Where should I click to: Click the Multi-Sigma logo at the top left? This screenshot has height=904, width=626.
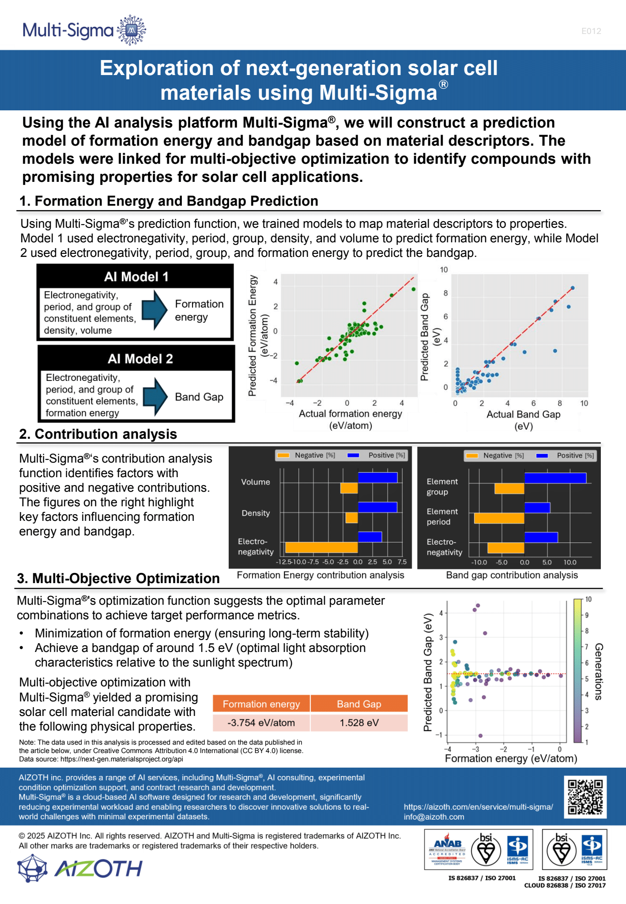(x=84, y=30)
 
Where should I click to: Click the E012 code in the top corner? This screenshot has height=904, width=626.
(x=591, y=31)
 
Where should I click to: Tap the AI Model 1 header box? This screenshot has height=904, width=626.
(x=136, y=277)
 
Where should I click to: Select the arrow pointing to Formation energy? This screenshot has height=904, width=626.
(x=155, y=310)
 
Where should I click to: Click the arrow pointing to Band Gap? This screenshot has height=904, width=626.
(x=155, y=396)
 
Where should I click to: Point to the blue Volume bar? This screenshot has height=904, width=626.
(x=377, y=478)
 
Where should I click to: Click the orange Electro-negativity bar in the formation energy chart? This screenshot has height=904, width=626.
(x=321, y=547)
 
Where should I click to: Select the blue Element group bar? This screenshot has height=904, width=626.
(x=555, y=478)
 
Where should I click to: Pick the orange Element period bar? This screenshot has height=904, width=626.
(x=499, y=518)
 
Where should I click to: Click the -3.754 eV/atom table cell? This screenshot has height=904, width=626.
(x=261, y=723)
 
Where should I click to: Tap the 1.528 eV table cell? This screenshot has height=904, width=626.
(x=359, y=723)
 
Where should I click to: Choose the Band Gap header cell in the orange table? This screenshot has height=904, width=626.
(x=359, y=704)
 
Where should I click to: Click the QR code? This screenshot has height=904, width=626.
(x=585, y=797)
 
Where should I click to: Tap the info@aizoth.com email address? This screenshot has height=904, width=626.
(x=434, y=817)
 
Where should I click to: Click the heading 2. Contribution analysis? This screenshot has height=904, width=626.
(x=98, y=434)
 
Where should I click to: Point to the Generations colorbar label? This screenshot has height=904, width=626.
(x=598, y=671)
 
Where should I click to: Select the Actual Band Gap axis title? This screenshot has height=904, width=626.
(x=523, y=420)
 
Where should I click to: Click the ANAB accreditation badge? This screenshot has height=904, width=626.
(x=447, y=849)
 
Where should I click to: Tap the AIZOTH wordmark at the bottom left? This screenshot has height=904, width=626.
(x=98, y=869)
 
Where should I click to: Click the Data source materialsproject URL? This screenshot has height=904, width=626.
(x=121, y=759)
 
